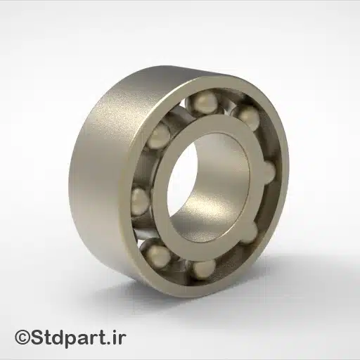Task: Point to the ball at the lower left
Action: click(x=158, y=253)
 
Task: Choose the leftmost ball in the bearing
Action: click(x=139, y=203)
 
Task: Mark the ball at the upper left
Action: click(x=159, y=135)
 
